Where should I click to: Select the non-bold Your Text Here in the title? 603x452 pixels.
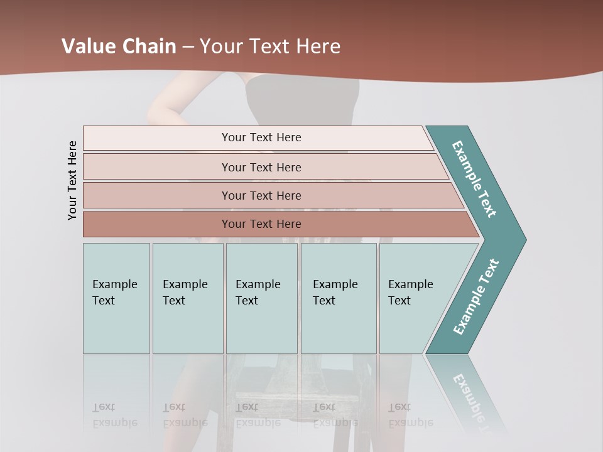[270, 46]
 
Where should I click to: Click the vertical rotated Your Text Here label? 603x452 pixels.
[72, 181]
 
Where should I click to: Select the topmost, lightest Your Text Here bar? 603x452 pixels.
[261, 137]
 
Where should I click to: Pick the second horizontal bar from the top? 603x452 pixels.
[261, 167]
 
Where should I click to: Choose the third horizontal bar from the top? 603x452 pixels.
[261, 195]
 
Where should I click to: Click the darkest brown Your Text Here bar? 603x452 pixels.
[261, 224]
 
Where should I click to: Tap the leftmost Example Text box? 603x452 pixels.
[116, 298]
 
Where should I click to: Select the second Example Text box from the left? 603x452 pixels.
[187, 298]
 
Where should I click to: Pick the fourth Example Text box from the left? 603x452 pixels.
[338, 298]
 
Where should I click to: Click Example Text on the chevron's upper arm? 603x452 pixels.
[474, 179]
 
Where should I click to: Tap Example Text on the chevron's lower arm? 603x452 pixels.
[475, 297]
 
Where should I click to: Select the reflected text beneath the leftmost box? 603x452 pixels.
[114, 415]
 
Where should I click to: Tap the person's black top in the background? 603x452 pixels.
[301, 100]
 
